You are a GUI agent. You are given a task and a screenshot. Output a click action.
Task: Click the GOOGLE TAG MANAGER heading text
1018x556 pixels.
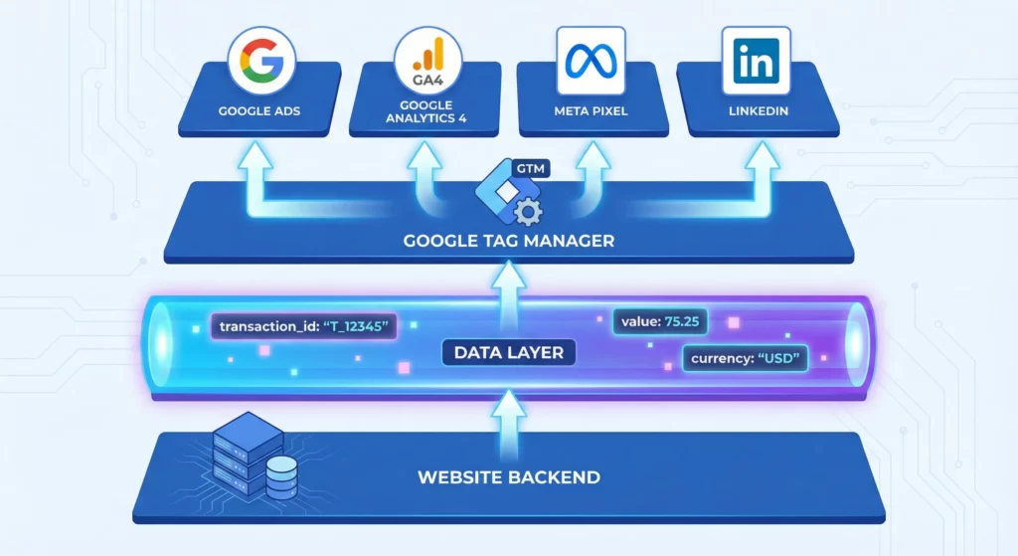tap(508, 240)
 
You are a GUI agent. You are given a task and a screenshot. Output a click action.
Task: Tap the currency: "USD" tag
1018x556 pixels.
tap(745, 358)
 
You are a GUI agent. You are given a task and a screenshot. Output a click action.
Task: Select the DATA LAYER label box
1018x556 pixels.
tap(509, 352)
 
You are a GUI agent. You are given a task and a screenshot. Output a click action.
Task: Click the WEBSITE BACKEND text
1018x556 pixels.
tap(508, 476)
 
